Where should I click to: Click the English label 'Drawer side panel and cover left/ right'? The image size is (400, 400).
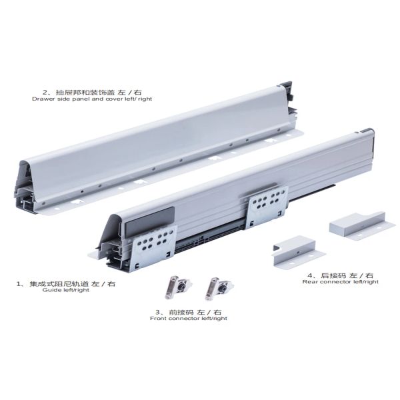[92, 99]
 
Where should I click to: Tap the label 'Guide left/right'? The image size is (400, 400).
[66, 290]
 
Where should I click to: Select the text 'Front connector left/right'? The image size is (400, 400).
[189, 319]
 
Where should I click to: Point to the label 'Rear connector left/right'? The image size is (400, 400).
[340, 281]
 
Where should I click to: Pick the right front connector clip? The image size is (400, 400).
[218, 288]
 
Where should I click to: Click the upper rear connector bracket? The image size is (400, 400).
[362, 225]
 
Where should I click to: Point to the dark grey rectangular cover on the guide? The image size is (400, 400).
[150, 221]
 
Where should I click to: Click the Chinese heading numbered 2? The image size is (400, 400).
[91, 92]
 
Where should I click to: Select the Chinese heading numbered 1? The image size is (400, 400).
[66, 283]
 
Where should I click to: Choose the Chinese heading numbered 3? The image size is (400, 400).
[189, 312]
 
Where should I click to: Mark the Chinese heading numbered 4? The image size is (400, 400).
[340, 275]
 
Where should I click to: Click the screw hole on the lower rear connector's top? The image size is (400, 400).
[298, 253]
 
